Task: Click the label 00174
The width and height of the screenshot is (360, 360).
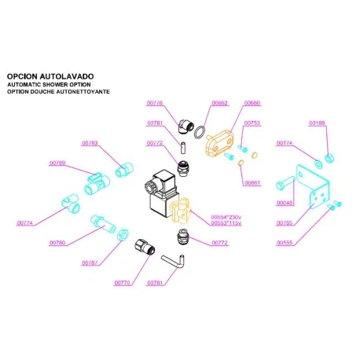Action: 284,144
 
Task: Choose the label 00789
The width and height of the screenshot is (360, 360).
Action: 57,163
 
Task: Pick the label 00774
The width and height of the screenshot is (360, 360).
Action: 26,223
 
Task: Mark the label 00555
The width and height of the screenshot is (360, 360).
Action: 284,243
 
